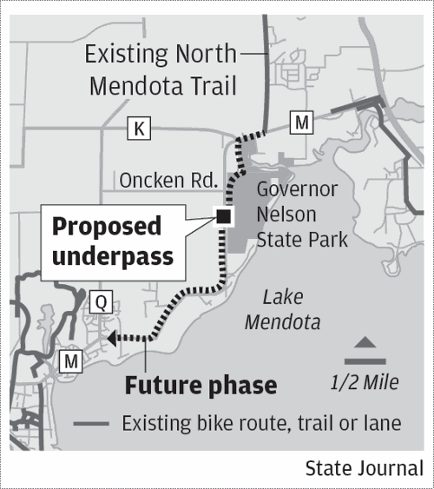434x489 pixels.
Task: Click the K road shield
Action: click(x=139, y=129)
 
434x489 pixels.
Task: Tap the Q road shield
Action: click(x=101, y=302)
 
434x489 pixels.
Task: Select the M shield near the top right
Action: click(x=301, y=123)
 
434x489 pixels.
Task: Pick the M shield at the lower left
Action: click(x=69, y=359)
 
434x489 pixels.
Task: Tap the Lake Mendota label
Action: click(x=281, y=310)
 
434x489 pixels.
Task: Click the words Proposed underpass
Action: click(x=107, y=241)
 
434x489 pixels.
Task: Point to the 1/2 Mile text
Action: click(x=364, y=381)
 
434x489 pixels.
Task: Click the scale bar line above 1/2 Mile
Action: click(x=365, y=360)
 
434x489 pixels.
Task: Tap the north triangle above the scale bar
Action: click(x=365, y=343)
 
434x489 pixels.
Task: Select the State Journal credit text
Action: click(x=364, y=468)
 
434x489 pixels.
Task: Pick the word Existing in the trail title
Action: click(x=126, y=55)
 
